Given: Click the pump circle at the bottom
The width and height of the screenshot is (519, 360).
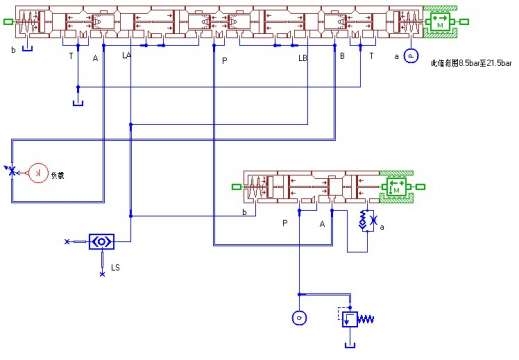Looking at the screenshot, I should click(297, 318).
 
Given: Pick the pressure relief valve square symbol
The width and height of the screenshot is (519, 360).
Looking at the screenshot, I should click(351, 320).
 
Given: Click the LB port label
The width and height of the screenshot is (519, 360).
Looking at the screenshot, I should click(303, 58).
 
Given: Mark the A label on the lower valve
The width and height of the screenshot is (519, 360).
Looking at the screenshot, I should click(322, 224).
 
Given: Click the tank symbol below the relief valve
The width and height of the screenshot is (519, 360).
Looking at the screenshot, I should click(350, 345).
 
